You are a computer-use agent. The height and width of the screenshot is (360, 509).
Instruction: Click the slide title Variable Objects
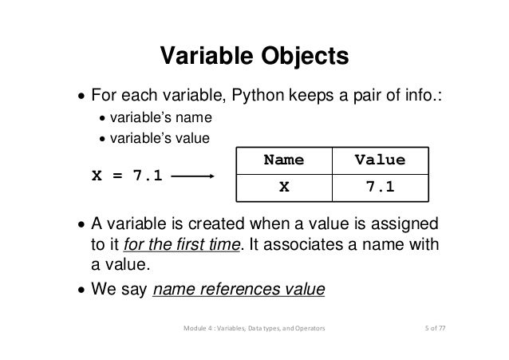pos(254,57)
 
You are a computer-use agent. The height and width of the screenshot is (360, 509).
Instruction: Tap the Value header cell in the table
pos(379,160)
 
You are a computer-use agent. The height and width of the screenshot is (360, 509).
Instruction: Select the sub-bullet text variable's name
pos(160,119)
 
